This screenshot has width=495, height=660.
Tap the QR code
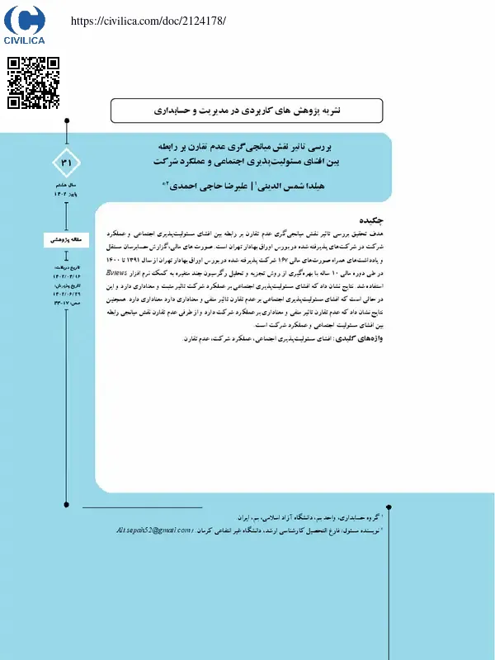33,82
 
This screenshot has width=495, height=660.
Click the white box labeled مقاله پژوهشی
68,239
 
